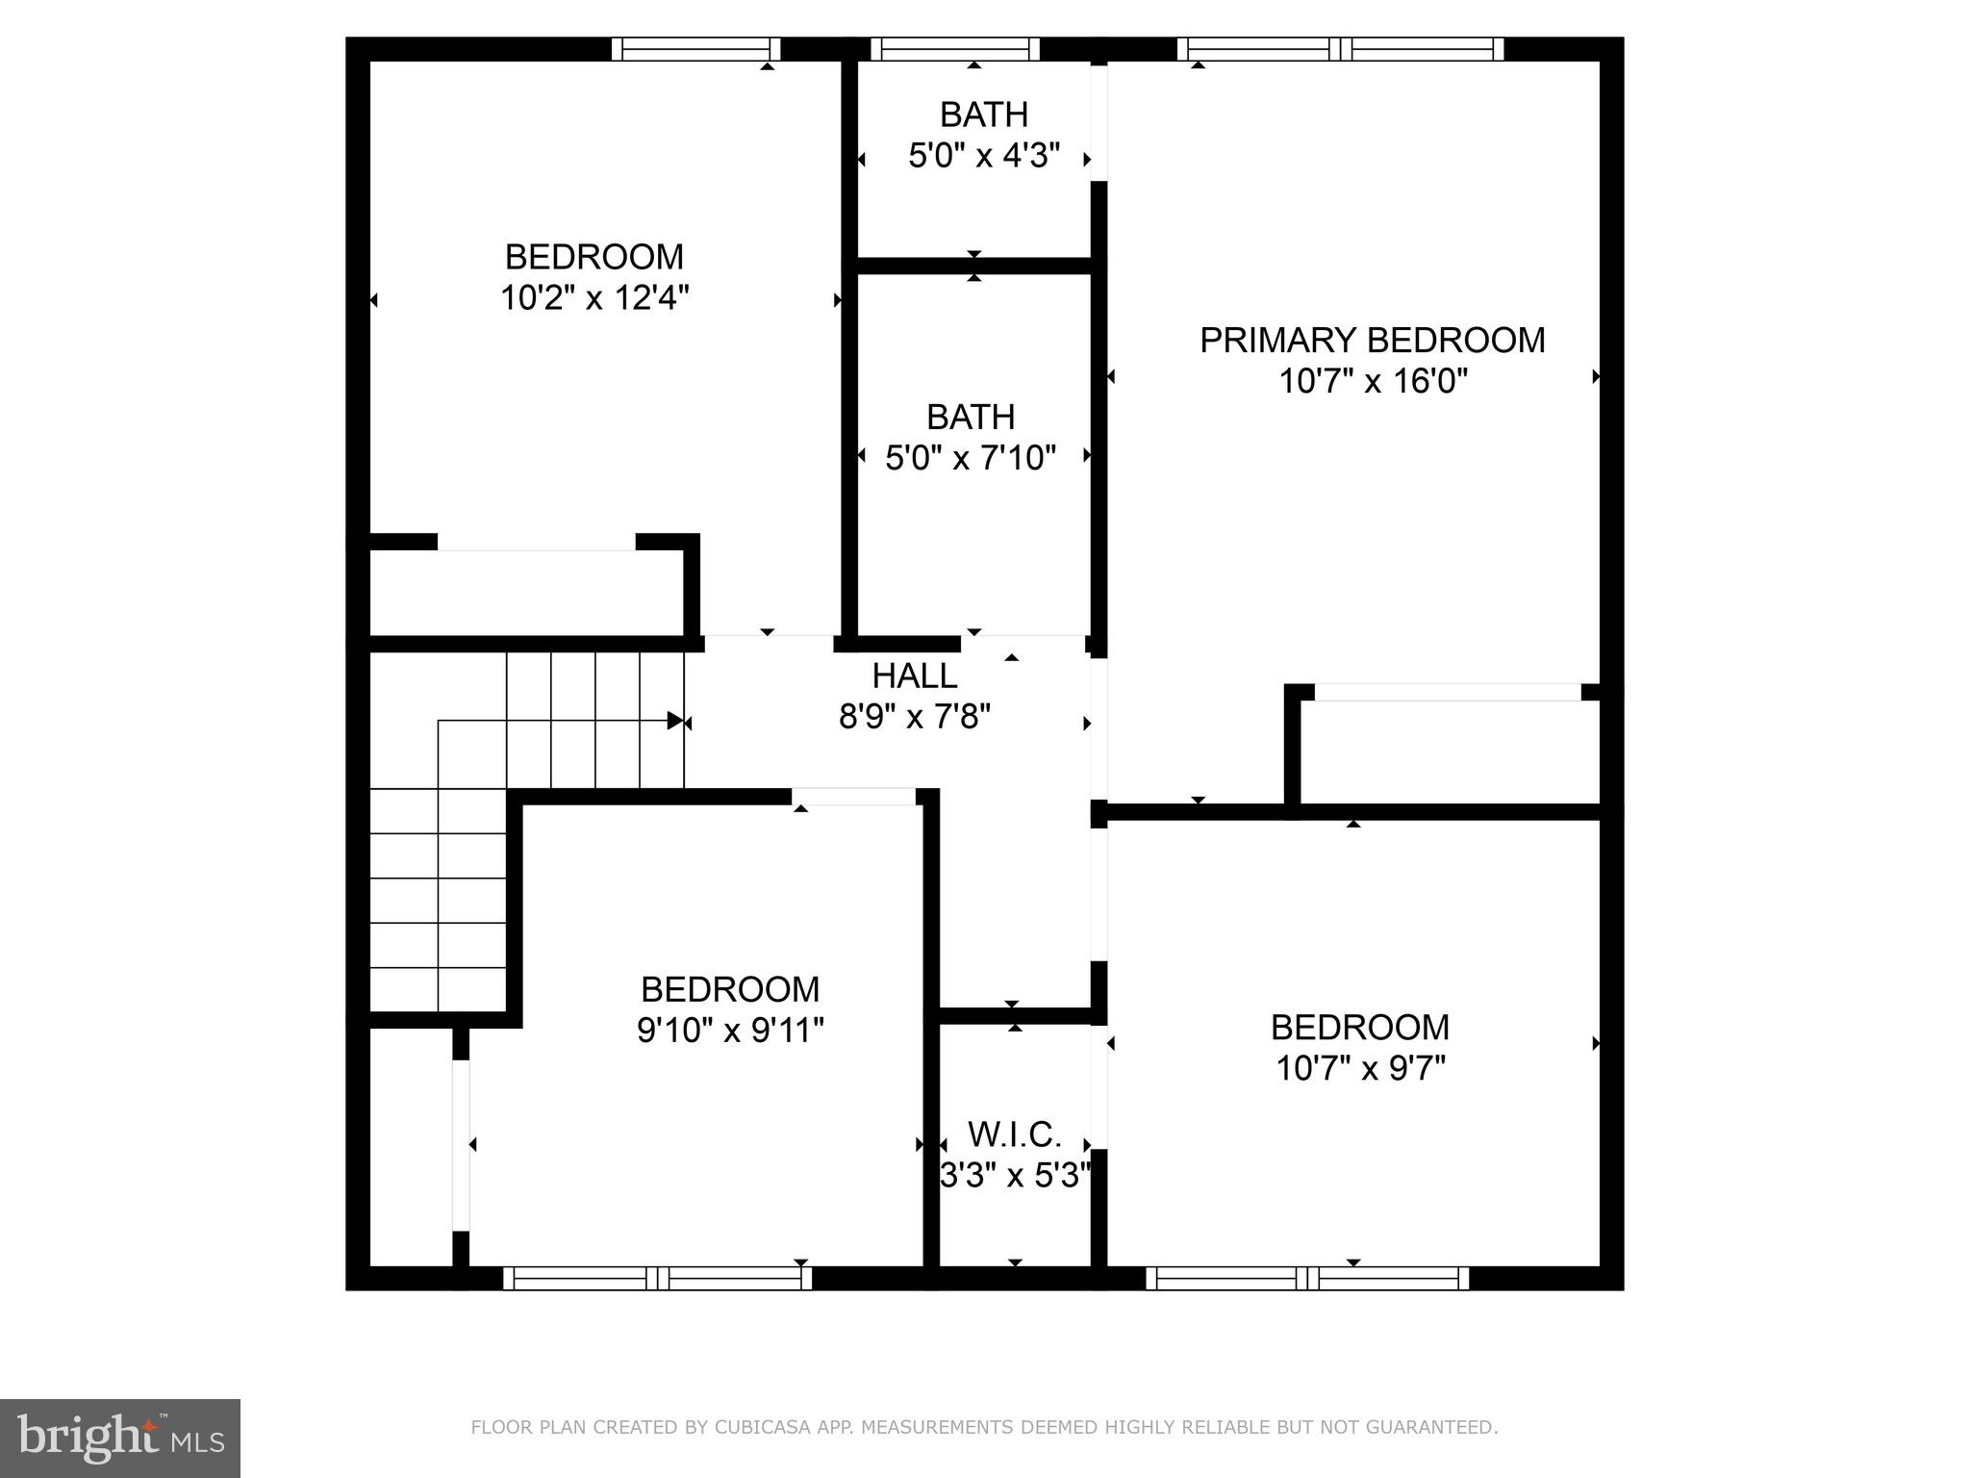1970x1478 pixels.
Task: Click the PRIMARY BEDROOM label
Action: coord(1372,341)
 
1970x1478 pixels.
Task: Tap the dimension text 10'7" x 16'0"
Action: coord(1372,382)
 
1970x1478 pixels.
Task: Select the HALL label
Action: coord(914,675)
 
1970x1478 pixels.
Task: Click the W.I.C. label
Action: coord(1014,1134)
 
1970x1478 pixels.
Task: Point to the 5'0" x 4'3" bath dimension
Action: coord(983,156)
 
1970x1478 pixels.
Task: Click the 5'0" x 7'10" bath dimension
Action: coord(970,458)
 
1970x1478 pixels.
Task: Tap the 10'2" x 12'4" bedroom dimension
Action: coord(594,298)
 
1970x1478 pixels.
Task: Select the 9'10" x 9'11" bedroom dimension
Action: coord(730,1031)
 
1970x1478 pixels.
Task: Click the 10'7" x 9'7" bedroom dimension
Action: coord(1360,1068)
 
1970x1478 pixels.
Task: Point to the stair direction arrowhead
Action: coord(675,721)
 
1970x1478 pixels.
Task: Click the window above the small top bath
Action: coord(955,49)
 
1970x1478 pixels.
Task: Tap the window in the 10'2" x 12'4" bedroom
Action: coord(695,49)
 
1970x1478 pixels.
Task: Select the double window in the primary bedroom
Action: coord(1340,49)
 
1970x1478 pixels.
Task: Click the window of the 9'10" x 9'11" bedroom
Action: coord(657,1278)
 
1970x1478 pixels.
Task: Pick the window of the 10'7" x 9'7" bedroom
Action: coord(1307,1278)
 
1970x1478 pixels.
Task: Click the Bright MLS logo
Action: coord(120,1438)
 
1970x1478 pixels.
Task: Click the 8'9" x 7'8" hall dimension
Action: coord(914,717)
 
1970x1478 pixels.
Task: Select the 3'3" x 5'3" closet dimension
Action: coord(1014,1176)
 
